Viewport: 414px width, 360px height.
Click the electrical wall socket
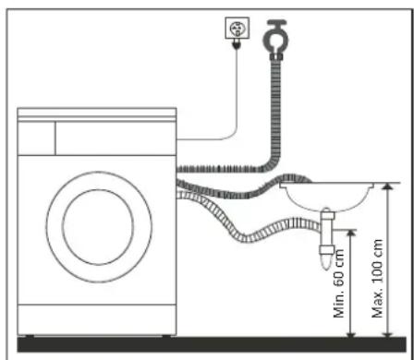point(235,29)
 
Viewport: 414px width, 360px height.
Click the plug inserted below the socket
point(235,44)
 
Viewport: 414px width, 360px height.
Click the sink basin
point(329,195)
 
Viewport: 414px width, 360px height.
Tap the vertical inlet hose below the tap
point(274,102)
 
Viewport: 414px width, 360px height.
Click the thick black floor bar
point(207,343)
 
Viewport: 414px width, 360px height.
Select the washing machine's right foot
point(162,332)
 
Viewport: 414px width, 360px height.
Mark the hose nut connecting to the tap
point(275,54)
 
